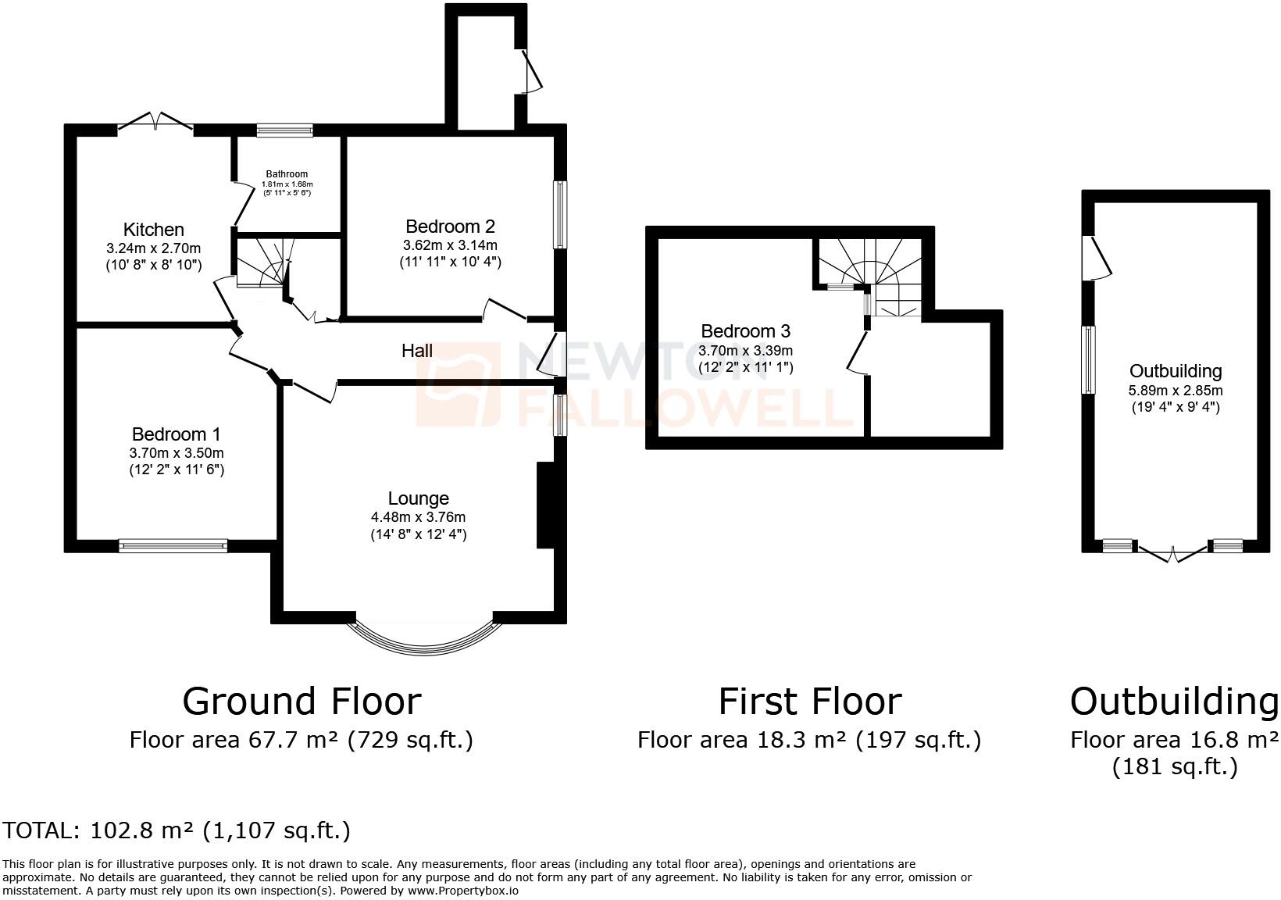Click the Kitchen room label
(154, 230)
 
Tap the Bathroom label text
(287, 174)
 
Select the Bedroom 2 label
(450, 227)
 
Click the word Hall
(417, 351)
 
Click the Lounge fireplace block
(544, 505)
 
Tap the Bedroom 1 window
(173, 545)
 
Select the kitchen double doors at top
(155, 123)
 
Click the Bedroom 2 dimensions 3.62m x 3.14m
(450, 245)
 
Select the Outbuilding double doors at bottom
(1172, 552)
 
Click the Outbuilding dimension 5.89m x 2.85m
(1176, 390)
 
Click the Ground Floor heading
(302, 701)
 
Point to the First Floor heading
(809, 701)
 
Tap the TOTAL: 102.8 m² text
(177, 830)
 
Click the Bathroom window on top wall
(285, 130)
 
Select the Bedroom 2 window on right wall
(560, 215)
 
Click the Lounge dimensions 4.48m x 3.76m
(418, 517)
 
